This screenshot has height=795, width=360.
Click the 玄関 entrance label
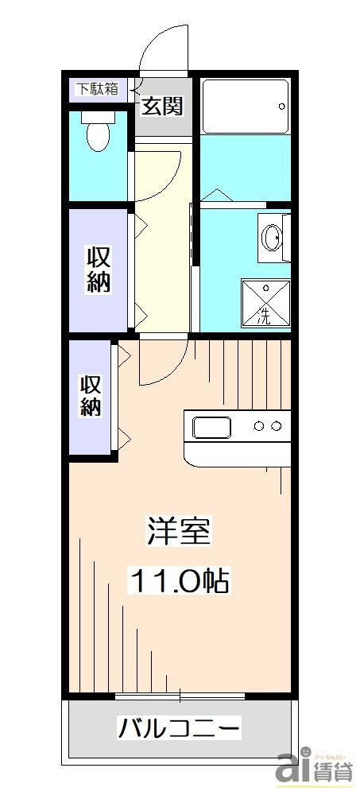(x=163, y=105)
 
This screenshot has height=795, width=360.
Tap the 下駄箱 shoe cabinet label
(x=97, y=88)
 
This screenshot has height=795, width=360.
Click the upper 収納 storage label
(x=98, y=270)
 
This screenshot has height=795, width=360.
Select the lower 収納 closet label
(x=91, y=396)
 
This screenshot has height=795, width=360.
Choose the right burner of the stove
(x=276, y=427)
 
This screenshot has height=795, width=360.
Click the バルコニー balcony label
(x=179, y=727)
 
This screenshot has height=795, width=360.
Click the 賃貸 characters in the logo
(x=332, y=772)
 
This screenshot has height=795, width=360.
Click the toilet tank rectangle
(x=99, y=118)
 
